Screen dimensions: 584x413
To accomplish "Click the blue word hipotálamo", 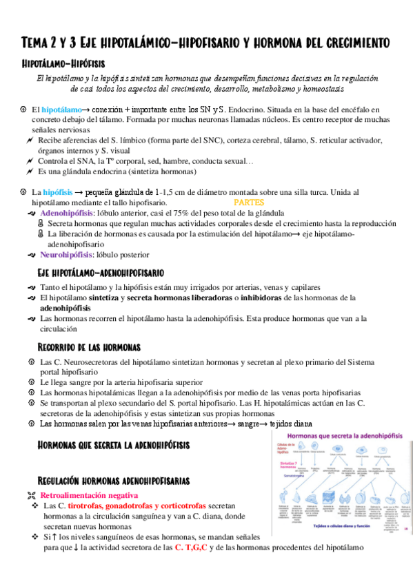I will point(61,109).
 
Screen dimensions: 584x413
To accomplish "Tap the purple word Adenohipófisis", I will point(65,214).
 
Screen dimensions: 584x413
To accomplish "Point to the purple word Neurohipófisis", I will point(66,254).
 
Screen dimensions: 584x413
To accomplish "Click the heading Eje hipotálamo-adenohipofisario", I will point(101,273).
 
